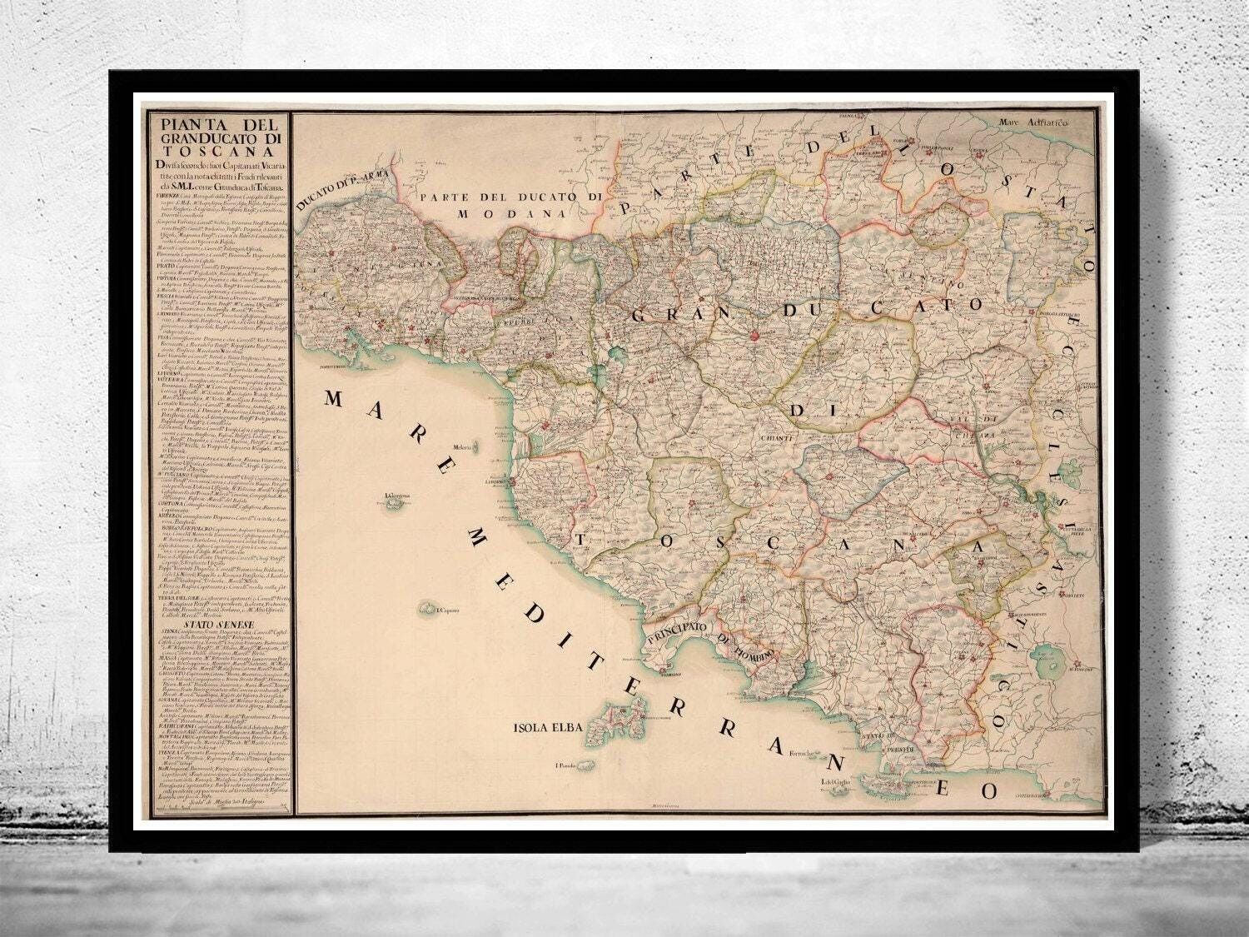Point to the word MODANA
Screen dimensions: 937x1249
pos(492,213)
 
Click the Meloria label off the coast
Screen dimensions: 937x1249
pos(462,448)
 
